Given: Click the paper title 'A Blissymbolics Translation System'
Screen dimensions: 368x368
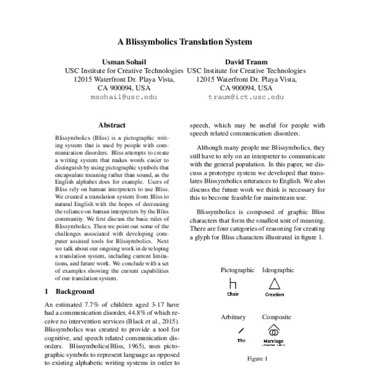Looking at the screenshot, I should [x=184, y=43].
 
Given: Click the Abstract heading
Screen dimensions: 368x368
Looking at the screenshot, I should [x=112, y=125].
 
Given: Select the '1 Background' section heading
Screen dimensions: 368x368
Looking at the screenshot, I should [x=70, y=291].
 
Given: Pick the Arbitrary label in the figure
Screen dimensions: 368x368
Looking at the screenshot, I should [x=233, y=317].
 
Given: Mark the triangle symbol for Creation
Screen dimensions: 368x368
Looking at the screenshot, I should [x=274, y=283].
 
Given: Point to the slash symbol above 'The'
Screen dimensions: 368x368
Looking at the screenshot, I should [x=233, y=331].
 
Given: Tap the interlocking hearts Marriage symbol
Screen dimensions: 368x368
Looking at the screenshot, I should [x=274, y=330].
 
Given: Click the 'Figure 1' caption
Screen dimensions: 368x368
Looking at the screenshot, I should [x=258, y=358].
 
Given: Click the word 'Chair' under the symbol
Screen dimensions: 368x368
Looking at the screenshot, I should [x=232, y=294].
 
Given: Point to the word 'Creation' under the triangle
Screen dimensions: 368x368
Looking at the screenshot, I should [x=274, y=294].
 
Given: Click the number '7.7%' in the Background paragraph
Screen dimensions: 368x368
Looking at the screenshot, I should [x=94, y=304].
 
